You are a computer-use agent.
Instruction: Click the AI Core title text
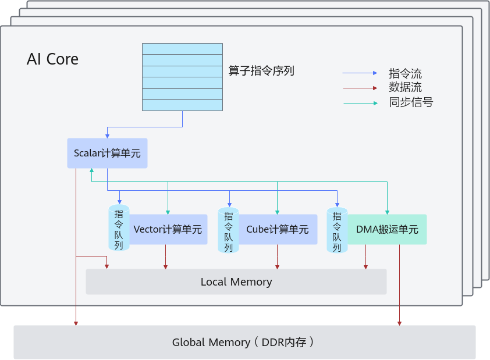point(52,59)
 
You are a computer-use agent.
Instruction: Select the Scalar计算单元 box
point(107,154)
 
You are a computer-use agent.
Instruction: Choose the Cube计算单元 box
point(277,229)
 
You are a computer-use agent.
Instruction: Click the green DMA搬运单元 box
point(387,229)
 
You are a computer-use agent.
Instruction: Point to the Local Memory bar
point(236,282)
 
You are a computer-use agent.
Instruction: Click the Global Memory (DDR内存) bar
point(244,342)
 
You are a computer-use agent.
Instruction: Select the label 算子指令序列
point(261,71)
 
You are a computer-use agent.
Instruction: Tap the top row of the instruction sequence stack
point(182,49)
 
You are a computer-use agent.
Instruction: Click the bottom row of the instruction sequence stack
point(182,105)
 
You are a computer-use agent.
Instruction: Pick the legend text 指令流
point(405,74)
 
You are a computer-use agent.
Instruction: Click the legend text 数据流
point(405,88)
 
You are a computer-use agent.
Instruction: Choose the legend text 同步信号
point(411,102)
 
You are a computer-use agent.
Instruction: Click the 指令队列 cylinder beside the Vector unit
point(119,229)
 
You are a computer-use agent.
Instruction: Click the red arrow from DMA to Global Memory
point(399,285)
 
